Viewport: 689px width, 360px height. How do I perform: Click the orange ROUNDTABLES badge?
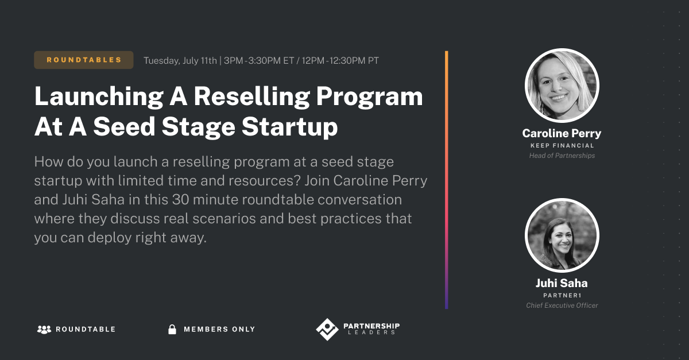pos(84,60)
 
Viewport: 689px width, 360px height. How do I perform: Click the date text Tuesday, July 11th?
pos(180,60)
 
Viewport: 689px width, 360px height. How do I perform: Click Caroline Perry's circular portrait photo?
pos(562,85)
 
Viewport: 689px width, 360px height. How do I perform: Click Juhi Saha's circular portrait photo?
pos(562,235)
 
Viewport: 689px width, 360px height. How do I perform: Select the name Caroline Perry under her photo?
pos(562,133)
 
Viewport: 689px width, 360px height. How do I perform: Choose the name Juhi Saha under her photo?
pos(562,283)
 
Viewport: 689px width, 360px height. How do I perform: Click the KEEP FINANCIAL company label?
pos(562,146)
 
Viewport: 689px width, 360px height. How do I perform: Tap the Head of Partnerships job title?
pos(562,156)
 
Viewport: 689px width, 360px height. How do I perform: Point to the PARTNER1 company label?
pos(562,295)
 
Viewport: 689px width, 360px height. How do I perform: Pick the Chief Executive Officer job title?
pos(562,305)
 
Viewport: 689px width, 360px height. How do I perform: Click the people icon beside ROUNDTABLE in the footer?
pos(44,329)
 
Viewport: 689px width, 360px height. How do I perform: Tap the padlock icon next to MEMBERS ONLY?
pos(171,329)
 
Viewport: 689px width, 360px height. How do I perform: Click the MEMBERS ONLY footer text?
pos(219,329)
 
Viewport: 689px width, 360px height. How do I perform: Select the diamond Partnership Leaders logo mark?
pos(327,329)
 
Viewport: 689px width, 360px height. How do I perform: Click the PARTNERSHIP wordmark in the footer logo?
pos(371,326)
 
